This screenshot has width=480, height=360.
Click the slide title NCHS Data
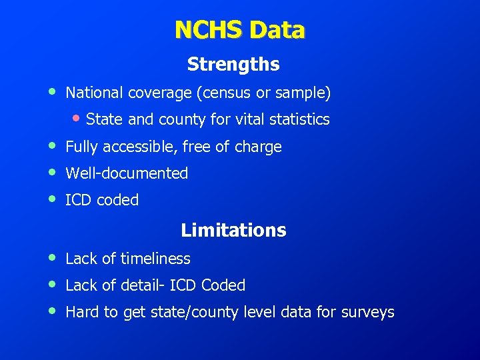click(239, 30)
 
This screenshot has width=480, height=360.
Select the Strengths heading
click(233, 64)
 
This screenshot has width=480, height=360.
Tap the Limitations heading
click(233, 231)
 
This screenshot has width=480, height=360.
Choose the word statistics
click(298, 120)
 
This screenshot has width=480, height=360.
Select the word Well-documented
click(127, 173)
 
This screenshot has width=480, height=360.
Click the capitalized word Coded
click(223, 285)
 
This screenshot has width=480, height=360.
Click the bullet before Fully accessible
click(52, 145)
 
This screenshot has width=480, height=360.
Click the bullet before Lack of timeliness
click(52, 257)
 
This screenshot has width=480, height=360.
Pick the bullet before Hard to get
click(52, 311)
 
